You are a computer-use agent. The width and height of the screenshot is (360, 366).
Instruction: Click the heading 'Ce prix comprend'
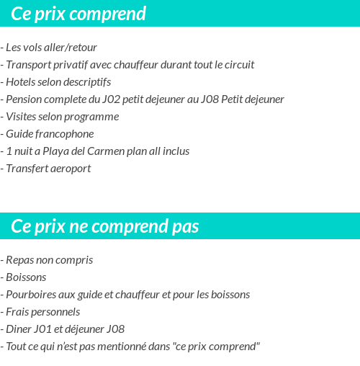tap(78, 14)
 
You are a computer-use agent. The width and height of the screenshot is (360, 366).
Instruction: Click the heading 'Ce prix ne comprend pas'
tap(105, 227)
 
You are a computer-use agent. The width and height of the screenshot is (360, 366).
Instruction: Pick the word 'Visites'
tap(22, 117)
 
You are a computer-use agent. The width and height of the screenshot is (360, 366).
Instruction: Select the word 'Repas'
tap(21, 260)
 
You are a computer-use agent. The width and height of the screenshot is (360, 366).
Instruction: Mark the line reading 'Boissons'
tap(26, 277)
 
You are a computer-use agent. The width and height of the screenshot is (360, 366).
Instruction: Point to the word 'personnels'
tap(55, 312)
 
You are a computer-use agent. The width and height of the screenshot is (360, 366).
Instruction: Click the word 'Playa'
tap(56, 151)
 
